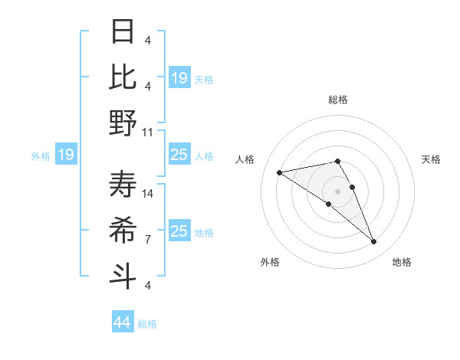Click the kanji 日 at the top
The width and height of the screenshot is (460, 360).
123,31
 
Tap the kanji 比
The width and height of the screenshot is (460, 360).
123,76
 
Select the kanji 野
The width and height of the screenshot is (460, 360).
123,122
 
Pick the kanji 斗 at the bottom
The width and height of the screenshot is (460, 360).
123,275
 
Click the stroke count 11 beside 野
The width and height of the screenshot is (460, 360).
148,132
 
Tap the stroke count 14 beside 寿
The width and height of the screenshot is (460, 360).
148,194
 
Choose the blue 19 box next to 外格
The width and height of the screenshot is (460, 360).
65,155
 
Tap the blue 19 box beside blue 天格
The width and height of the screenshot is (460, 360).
179,78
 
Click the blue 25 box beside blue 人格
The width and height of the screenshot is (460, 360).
179,155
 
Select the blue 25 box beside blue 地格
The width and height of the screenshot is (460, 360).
179,232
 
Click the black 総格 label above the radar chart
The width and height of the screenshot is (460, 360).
337,100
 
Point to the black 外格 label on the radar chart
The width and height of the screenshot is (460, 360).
270,262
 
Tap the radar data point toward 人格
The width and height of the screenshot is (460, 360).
280,172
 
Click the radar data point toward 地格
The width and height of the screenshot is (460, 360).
374,242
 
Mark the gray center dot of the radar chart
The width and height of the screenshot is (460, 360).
337,190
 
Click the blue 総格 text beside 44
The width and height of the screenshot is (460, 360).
148,324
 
